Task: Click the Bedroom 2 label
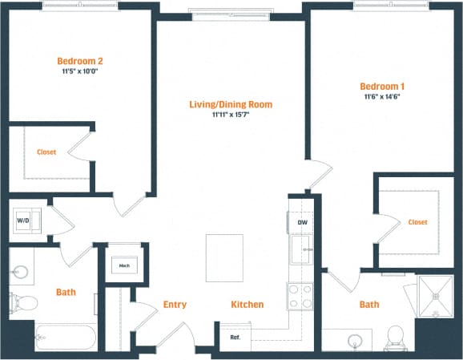click(79, 60)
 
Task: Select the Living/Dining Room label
click(231, 104)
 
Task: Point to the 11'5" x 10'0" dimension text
click(79, 71)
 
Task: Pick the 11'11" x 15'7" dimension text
click(231, 115)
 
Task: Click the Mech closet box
click(124, 265)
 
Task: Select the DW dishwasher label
click(302, 222)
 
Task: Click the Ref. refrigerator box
click(235, 338)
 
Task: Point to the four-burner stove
click(300, 297)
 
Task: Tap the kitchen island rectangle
click(224, 257)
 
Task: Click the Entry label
click(175, 305)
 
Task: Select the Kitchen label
click(248, 305)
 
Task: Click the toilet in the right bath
click(395, 337)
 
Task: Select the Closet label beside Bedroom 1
click(417, 222)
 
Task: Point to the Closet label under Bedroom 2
click(46, 152)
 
